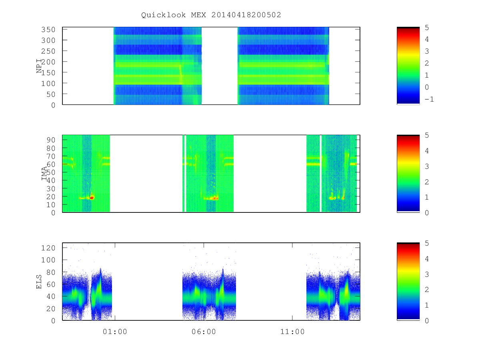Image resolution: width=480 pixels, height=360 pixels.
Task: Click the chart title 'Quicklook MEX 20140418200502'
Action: click(211, 15)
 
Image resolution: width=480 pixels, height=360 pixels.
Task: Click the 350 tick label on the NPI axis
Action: click(48, 30)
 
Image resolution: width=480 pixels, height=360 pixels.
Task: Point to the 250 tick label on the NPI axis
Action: click(48, 51)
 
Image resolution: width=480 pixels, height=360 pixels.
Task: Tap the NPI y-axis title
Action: click(39, 66)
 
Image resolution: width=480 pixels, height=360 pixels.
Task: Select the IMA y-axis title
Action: click(44, 173)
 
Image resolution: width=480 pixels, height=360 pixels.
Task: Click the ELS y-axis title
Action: click(39, 282)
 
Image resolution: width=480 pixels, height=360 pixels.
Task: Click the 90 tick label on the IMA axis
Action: click(51, 140)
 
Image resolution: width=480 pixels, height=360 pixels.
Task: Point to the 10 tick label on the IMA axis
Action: click(51, 205)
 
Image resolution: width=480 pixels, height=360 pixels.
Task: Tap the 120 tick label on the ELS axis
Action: click(48, 248)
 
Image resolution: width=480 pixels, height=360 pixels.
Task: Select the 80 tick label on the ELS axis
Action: click(51, 272)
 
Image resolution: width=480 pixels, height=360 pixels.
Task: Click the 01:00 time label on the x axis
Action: click(115, 332)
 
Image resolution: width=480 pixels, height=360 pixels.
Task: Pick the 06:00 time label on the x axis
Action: click(204, 332)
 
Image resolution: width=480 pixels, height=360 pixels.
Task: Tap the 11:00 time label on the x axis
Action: click(292, 332)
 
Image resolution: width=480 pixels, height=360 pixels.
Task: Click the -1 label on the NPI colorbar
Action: click(429, 99)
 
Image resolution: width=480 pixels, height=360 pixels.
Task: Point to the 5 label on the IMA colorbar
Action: click(427, 135)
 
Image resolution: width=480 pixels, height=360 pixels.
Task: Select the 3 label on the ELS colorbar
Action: click(427, 274)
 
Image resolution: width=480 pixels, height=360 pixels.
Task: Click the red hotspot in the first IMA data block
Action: click(92, 198)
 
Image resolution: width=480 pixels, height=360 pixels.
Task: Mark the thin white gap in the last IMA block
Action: click(320, 173)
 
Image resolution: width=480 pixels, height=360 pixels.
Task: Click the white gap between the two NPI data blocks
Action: click(219, 66)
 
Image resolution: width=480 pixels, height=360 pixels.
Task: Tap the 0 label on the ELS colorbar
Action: click(427, 321)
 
